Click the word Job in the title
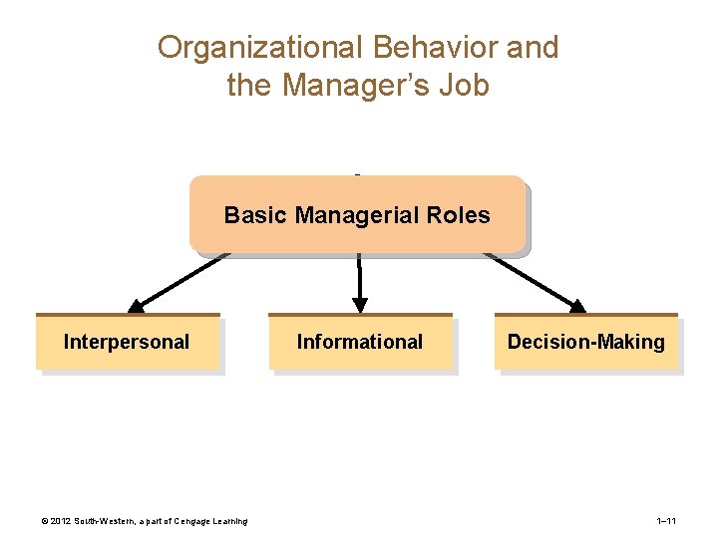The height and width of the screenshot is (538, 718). pyautogui.click(x=465, y=86)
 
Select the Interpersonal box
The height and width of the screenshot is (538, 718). pyautogui.click(x=127, y=343)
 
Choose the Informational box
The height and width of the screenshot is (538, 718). pyautogui.click(x=360, y=343)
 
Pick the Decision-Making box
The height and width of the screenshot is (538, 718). pyautogui.click(x=586, y=343)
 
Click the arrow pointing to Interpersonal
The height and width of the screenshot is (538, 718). pyautogui.click(x=179, y=280)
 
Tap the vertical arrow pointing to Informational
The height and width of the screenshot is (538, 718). pyautogui.click(x=360, y=283)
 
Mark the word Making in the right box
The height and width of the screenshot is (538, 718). pyautogui.click(x=632, y=343)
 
